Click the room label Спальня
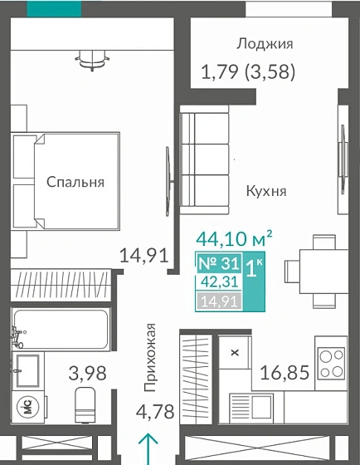[x=75, y=183]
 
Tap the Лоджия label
[x=265, y=44]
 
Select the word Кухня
[x=266, y=191]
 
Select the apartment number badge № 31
[x=218, y=264]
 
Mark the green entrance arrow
[x=149, y=448]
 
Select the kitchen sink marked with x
[x=235, y=353]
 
